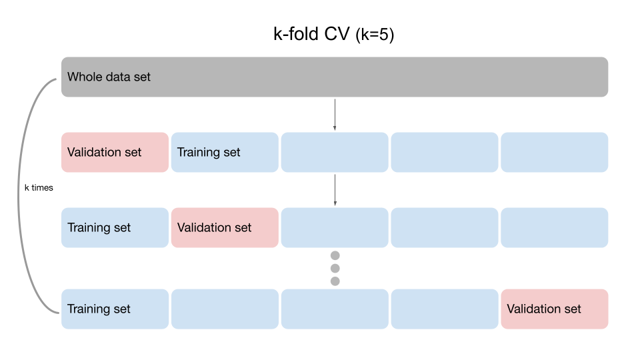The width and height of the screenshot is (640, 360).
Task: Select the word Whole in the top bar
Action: tap(83, 77)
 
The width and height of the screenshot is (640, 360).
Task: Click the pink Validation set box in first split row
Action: tap(115, 153)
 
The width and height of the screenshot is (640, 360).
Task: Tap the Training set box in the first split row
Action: tap(225, 153)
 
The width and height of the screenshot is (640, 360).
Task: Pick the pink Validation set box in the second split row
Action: tap(225, 228)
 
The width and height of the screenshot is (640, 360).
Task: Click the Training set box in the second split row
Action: tap(115, 228)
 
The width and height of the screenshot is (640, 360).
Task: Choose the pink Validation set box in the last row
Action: tap(554, 309)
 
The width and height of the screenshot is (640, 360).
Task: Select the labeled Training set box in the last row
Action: tap(115, 309)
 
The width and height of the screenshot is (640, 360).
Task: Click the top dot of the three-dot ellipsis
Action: tap(335, 256)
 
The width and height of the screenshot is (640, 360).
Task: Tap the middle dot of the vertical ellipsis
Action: tap(335, 269)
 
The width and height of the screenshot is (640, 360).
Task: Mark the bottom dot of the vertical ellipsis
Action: tap(335, 281)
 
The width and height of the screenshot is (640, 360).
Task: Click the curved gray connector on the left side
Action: tap(19, 193)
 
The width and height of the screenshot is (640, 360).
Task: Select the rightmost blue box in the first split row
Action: tap(554, 153)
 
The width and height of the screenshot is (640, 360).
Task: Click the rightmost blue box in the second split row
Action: tap(554, 228)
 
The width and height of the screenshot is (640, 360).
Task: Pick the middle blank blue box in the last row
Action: tap(335, 309)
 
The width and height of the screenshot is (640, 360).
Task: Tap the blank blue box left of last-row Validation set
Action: tap(444, 309)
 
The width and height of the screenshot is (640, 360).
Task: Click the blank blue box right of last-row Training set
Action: tap(225, 309)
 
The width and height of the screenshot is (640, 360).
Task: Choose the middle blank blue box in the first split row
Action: tap(335, 153)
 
